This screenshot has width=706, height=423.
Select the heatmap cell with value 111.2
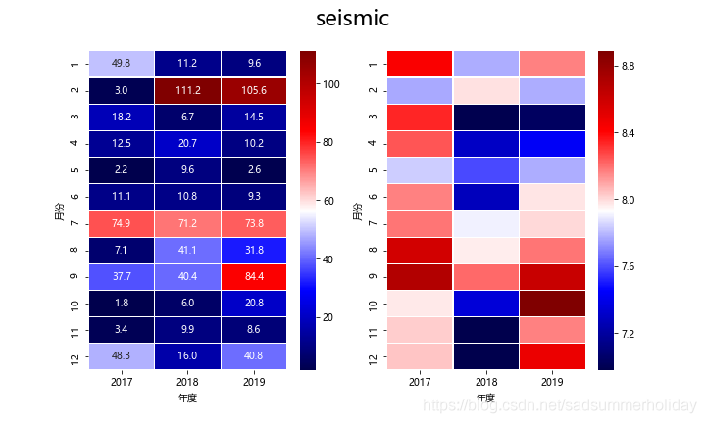pos(188,90)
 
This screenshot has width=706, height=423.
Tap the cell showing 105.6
pos(255,90)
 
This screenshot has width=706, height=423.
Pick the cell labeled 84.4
pos(255,276)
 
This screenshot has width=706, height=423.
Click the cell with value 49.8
pos(122,64)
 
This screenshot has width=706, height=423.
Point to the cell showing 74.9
pos(122,223)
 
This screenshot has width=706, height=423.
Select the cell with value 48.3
pos(122,356)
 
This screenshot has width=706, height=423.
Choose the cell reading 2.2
pos(122,170)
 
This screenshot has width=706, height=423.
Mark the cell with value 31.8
pos(255,250)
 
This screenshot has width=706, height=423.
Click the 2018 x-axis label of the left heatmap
pos(188,384)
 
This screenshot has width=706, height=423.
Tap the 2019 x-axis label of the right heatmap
pos(552,384)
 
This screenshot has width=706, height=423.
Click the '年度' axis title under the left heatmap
pos(188,399)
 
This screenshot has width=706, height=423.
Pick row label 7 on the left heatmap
pos(76,223)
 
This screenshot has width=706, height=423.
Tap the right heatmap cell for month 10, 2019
pos(552,304)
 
